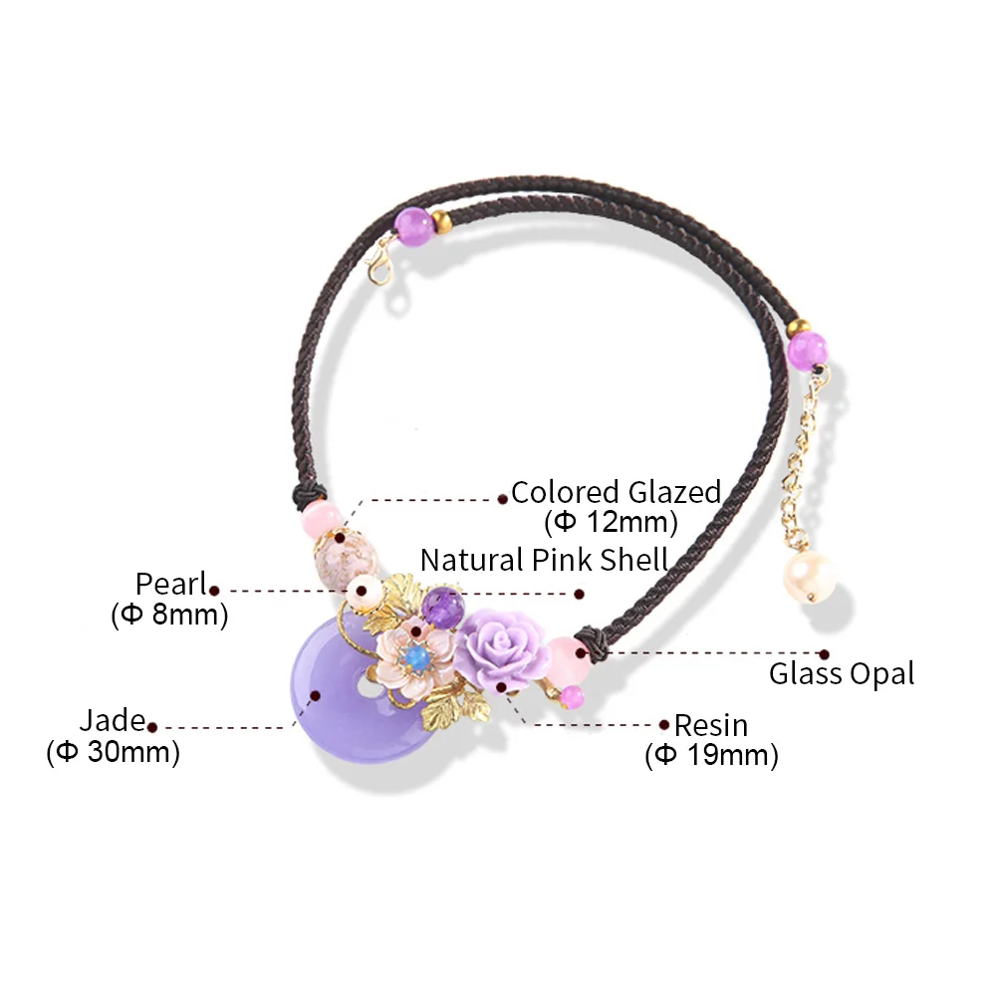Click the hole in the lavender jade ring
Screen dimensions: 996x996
(368, 688)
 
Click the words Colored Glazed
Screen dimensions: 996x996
(616, 492)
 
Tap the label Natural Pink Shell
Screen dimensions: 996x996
(544, 559)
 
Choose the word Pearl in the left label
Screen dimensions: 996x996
(171, 584)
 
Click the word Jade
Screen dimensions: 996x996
(113, 720)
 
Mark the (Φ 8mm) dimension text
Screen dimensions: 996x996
(169, 614)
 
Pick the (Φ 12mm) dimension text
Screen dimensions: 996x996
(611, 521)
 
